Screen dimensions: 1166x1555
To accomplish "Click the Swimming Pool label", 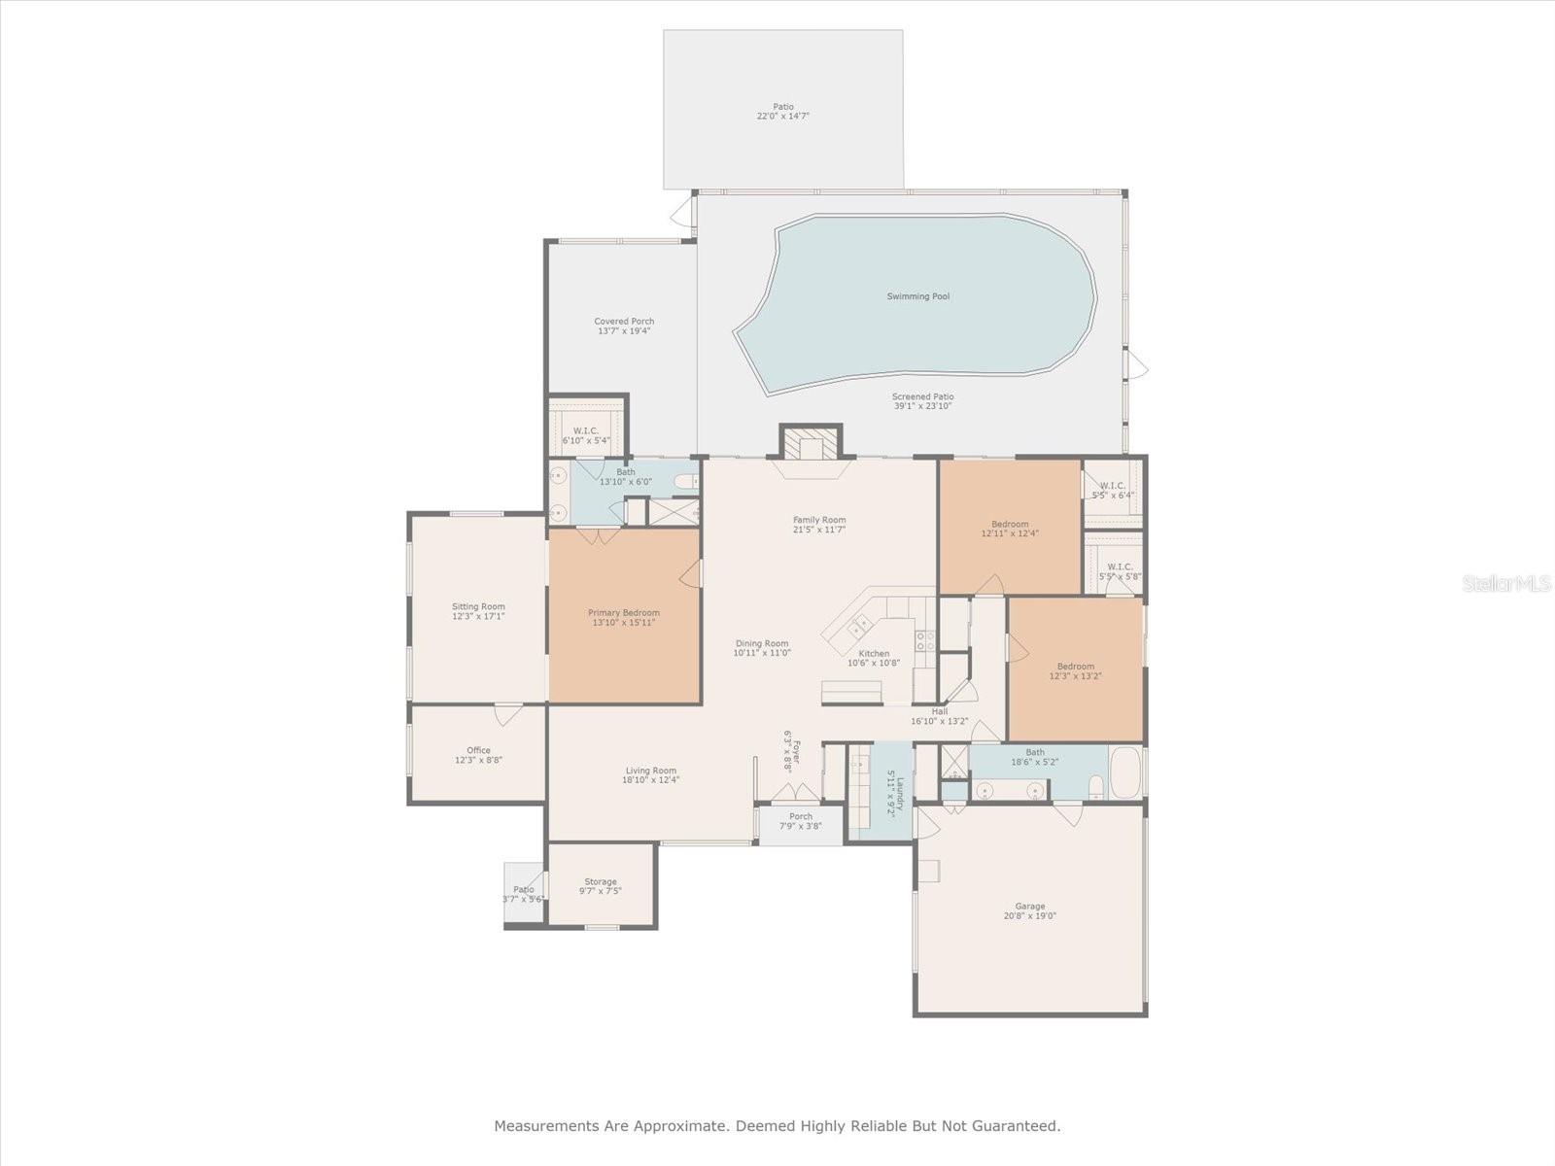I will coord(917,296).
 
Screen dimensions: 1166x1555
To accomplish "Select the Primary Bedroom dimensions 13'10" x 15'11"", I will coord(623,623).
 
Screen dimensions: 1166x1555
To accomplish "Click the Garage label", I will coord(1029,906).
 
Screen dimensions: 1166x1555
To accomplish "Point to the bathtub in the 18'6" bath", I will coord(1125,772).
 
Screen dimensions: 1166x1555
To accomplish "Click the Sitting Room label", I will coord(478,606).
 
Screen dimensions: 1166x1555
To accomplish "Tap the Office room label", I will coord(478,750).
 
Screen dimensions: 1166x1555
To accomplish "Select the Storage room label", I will coord(600,881).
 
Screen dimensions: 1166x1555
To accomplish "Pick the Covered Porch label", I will coord(624,321).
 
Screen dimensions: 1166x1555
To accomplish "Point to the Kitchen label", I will coord(874,653).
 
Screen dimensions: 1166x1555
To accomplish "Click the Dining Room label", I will coord(761,643).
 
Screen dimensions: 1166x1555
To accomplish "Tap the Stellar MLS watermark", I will coord(1506,583).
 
